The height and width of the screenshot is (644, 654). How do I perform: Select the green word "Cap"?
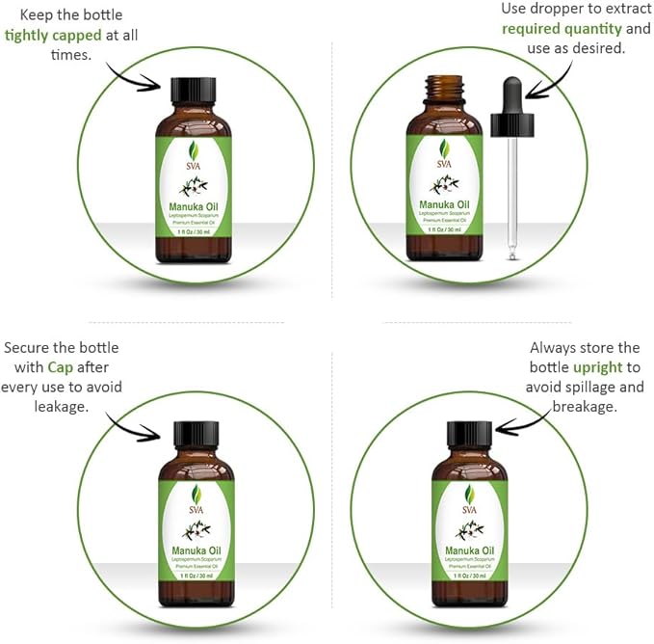90,367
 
